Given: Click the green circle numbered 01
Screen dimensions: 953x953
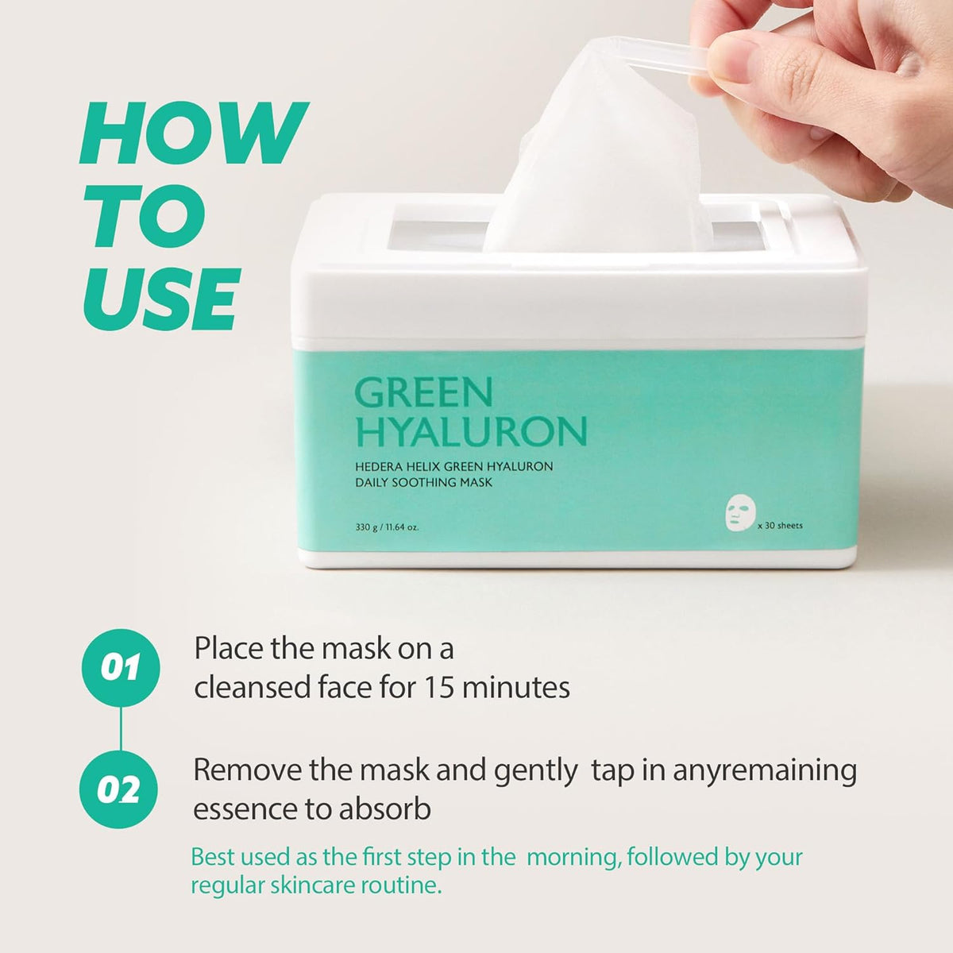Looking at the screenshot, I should coord(121,668).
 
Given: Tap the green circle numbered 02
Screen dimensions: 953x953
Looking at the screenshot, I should coord(120,790).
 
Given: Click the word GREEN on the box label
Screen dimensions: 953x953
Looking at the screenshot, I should coord(423,392).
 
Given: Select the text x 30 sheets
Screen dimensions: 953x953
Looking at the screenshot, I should coord(780,526).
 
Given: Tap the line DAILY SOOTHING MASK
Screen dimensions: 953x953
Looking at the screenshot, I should coord(423,483).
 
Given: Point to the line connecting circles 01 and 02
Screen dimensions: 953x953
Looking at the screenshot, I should coord(121,729).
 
